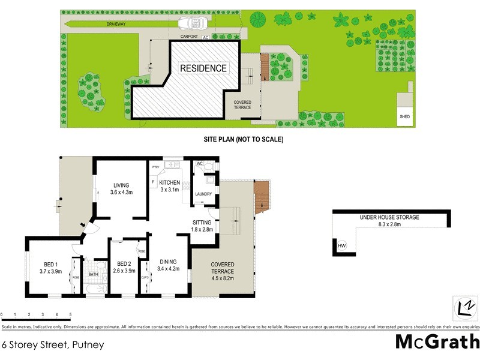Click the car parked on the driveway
tap(194, 23)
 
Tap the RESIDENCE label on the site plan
tap(204, 68)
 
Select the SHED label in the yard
tap(405, 117)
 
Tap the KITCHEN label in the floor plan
tap(170, 182)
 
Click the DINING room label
tap(168, 261)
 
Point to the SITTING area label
tap(202, 222)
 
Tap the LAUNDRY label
tap(204, 194)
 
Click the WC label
tap(200, 163)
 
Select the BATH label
tap(93, 274)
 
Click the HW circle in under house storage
tap(342, 246)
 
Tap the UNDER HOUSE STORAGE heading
tap(389, 217)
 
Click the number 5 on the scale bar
tap(70, 314)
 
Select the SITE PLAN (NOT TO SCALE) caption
tap(243, 139)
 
